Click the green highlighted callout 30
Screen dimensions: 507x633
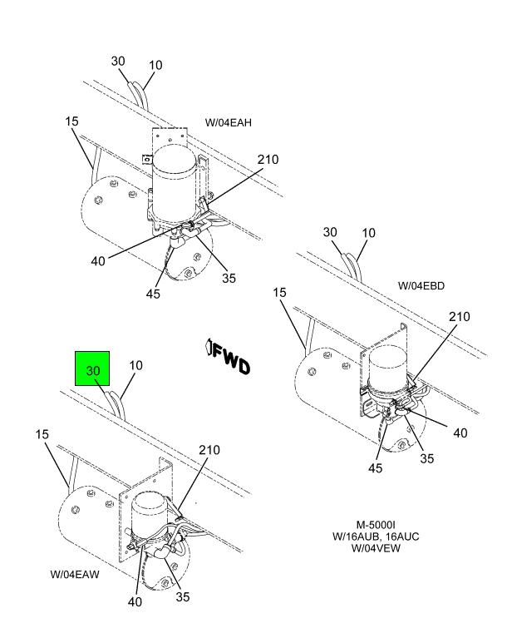click(92, 368)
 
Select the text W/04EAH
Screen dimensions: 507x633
click(229, 122)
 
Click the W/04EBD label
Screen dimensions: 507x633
click(421, 286)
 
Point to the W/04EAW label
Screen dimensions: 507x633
click(75, 574)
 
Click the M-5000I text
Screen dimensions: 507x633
click(376, 525)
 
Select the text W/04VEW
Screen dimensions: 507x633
click(376, 548)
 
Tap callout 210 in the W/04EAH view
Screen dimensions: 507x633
click(268, 160)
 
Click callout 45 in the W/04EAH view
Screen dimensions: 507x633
click(153, 294)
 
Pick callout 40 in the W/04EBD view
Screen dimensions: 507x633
click(460, 433)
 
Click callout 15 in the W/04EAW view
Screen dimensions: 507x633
click(42, 434)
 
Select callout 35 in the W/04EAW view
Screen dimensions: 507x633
click(182, 596)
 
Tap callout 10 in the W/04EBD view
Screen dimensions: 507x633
click(369, 233)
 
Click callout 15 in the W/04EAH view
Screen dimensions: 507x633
click(71, 121)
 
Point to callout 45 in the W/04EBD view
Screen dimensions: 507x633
click(375, 467)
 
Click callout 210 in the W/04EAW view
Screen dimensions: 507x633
click(209, 450)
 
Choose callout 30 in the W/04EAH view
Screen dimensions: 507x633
click(118, 61)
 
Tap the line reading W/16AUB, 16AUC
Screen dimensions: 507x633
click(376, 537)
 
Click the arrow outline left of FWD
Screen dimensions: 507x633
click(209, 347)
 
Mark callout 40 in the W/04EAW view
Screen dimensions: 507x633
click(135, 601)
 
